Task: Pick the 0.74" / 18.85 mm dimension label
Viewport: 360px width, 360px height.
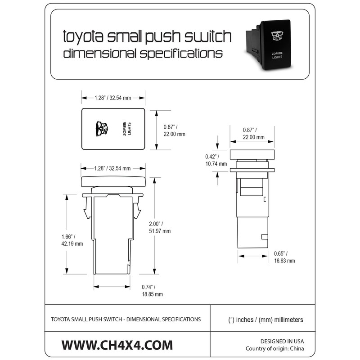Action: (x=149, y=290)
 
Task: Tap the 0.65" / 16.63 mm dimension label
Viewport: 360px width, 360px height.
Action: (x=284, y=257)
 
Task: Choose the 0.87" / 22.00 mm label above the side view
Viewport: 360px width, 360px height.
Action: (x=253, y=133)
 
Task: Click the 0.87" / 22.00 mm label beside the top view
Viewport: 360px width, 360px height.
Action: (x=174, y=130)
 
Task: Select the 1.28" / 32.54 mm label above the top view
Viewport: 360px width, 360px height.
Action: (x=113, y=97)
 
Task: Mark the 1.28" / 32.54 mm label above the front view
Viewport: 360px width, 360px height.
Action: (x=113, y=168)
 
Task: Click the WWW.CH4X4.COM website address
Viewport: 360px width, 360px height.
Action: (x=117, y=345)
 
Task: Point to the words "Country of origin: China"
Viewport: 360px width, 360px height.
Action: (x=275, y=349)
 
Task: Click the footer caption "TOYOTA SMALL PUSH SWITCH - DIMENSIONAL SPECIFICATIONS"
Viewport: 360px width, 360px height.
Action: (x=126, y=319)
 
